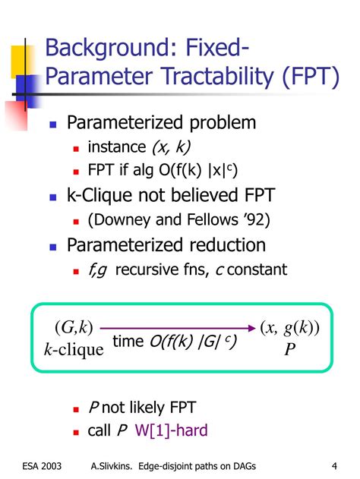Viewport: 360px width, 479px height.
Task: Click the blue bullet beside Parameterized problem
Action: click(53, 124)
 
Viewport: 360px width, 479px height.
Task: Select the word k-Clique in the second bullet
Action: click(96, 197)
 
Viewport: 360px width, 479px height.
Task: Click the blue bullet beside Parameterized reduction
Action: click(53, 246)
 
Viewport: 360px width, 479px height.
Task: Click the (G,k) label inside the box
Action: click(73, 328)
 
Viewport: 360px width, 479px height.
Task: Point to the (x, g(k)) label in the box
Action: click(289, 328)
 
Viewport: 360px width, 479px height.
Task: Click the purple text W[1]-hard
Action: click(171, 430)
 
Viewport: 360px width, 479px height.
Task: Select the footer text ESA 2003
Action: click(37, 465)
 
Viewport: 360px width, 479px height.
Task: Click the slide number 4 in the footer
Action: click(334, 465)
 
